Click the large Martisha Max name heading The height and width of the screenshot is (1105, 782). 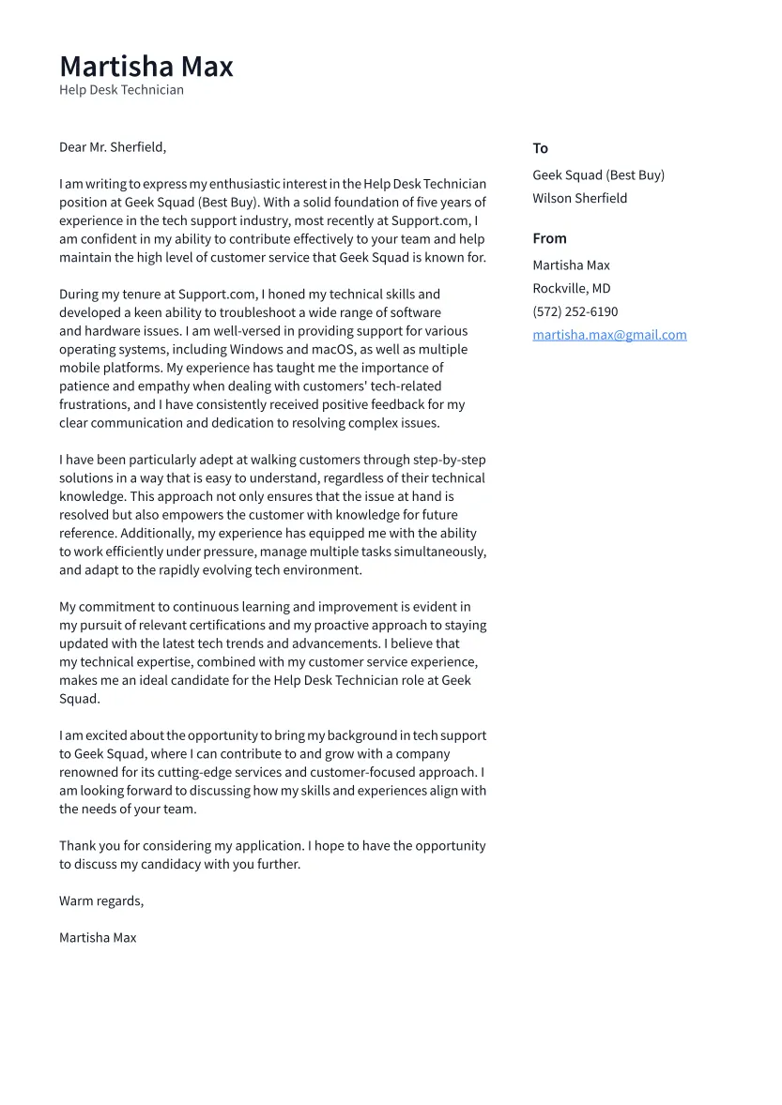pos(146,67)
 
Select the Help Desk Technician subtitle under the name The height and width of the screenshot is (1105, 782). pos(121,90)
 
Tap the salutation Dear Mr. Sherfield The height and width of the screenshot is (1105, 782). pos(113,147)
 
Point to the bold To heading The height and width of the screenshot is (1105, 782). pos(540,148)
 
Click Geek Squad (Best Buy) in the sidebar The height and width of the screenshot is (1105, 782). pos(598,175)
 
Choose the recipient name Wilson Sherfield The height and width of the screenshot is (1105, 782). pos(579,198)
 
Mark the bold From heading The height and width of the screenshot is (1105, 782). pos(549,238)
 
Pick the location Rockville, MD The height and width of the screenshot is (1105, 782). pos(571,289)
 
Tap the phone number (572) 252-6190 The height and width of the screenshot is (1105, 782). pos(575,311)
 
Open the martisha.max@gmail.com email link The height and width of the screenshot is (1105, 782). pos(609,335)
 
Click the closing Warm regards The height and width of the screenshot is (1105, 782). pos(101,901)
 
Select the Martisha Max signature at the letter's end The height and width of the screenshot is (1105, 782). pos(98,937)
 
